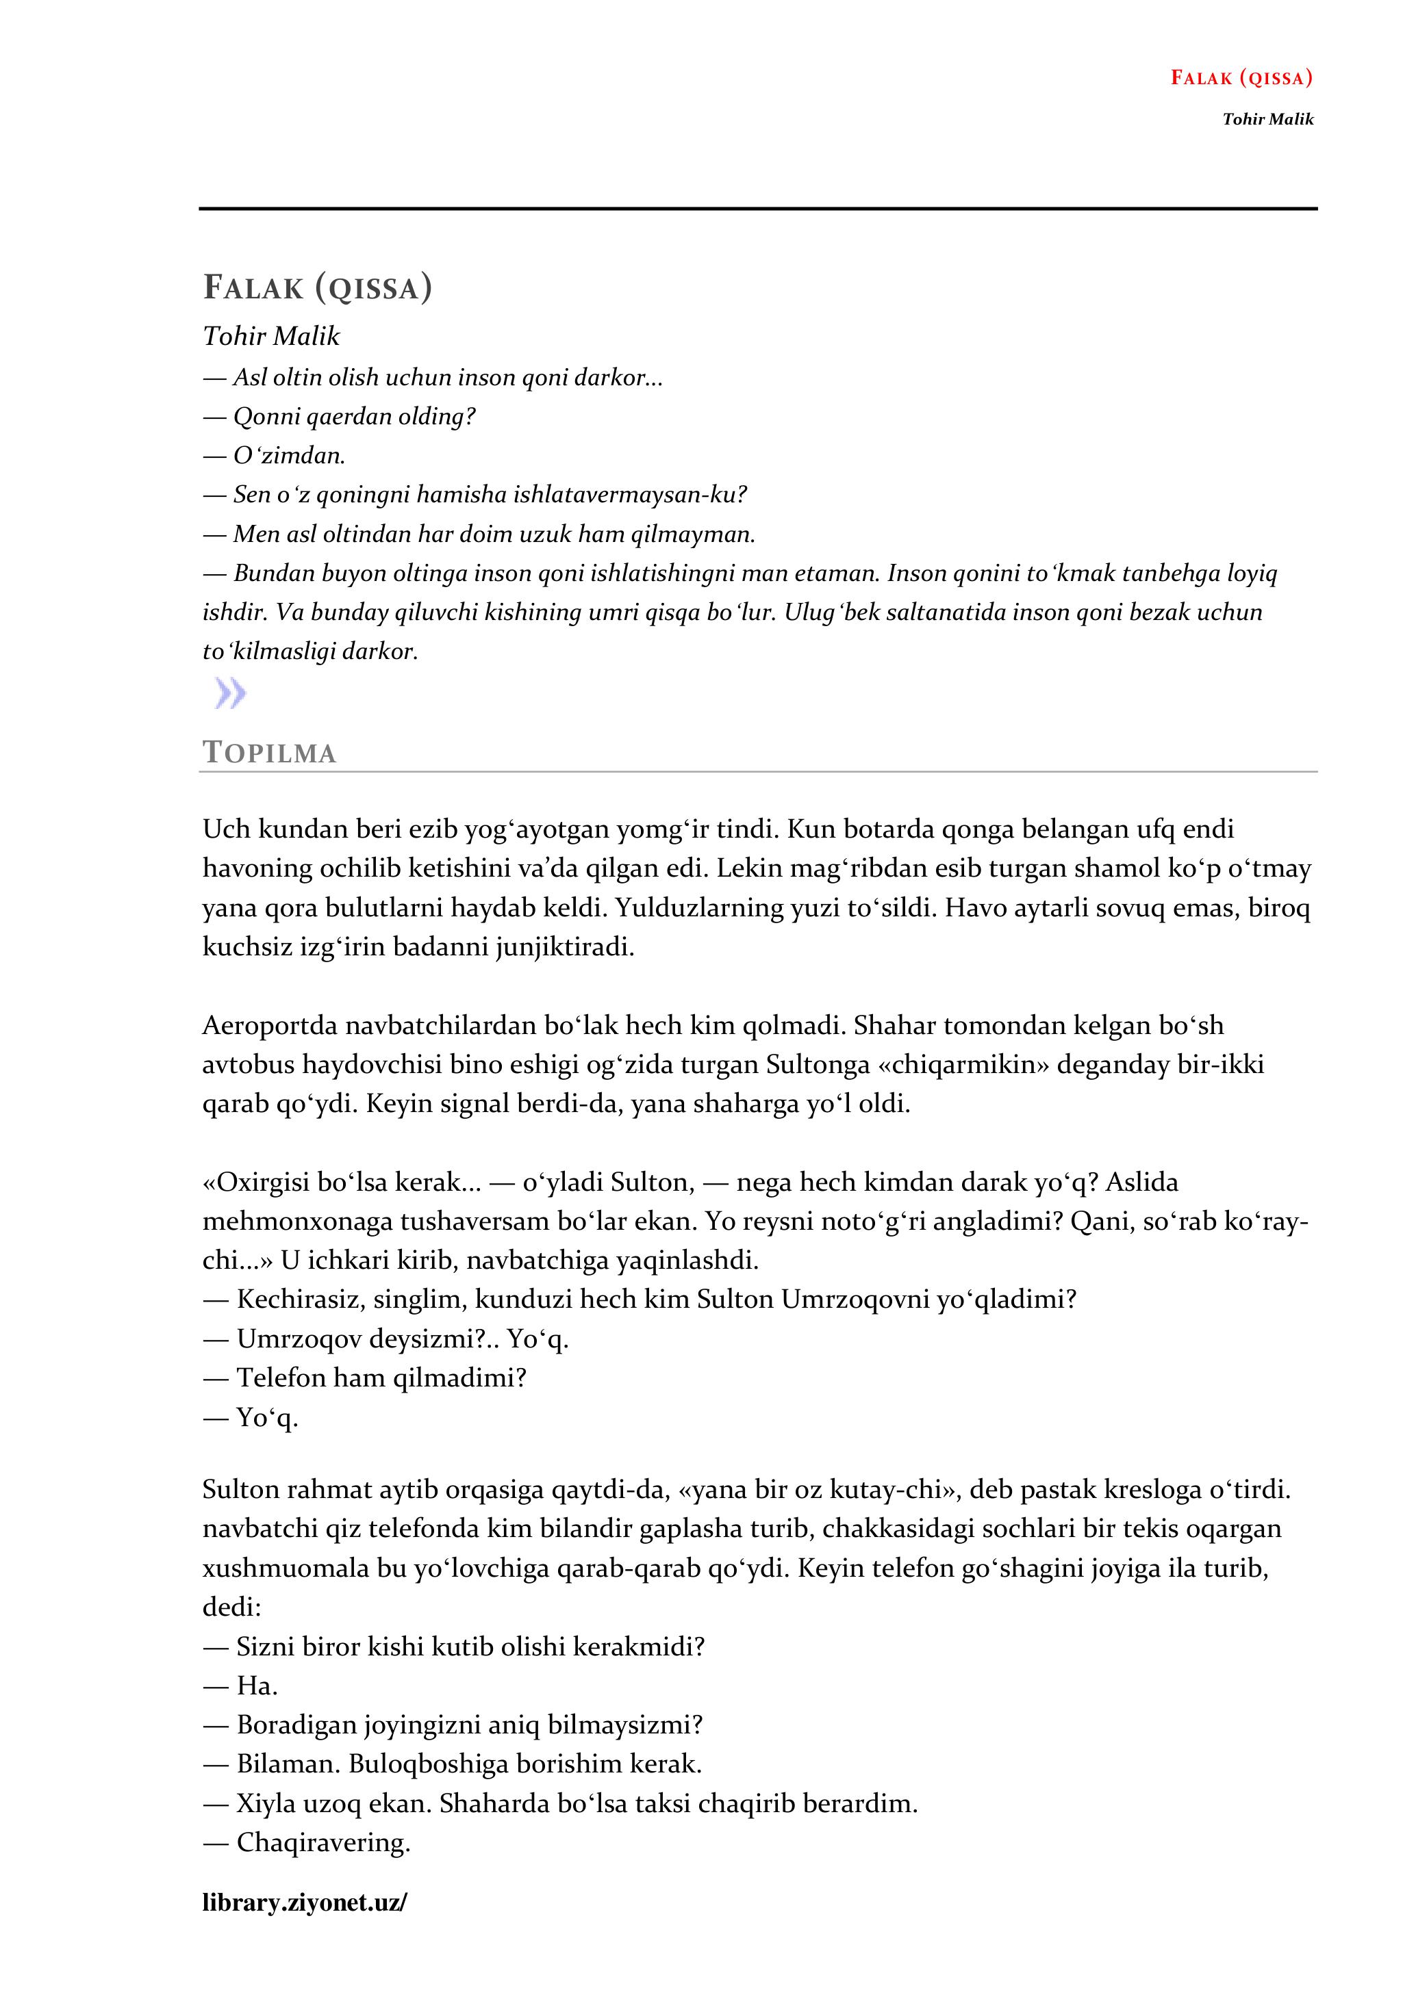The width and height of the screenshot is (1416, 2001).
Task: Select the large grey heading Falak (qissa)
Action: pyautogui.click(x=318, y=287)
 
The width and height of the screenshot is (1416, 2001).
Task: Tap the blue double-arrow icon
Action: pyautogui.click(x=230, y=695)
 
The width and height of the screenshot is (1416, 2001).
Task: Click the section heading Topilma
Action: pyautogui.click(x=269, y=753)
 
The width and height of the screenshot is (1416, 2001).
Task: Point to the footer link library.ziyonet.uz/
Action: pyautogui.click(x=304, y=1902)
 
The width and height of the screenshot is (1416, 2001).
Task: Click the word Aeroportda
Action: pyautogui.click(x=269, y=1026)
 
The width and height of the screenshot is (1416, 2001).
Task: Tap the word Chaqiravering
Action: pyautogui.click(x=322, y=1843)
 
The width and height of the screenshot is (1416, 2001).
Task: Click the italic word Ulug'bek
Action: pyautogui.click(x=832, y=612)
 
